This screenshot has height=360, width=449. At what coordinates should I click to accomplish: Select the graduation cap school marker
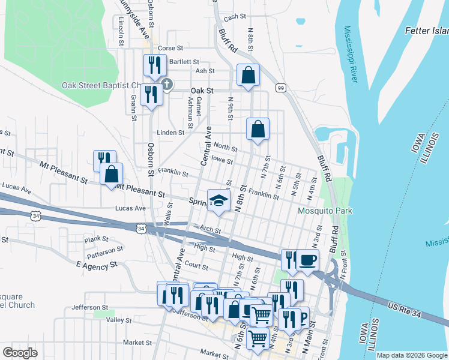tap(219, 201)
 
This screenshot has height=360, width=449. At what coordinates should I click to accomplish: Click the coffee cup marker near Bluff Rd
tap(308, 260)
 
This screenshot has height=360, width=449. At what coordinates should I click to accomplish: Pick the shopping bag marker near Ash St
tap(248, 76)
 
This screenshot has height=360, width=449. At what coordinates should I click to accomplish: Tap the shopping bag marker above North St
tap(258, 129)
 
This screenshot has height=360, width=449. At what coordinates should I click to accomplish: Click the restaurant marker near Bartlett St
tap(155, 66)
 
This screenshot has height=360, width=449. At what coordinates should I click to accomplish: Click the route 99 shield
tap(280, 88)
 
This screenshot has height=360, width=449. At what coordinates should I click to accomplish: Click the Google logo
tap(20, 353)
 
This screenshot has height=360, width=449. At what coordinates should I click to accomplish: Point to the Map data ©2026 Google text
tap(412, 355)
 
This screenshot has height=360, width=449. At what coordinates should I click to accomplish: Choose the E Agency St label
tap(97, 265)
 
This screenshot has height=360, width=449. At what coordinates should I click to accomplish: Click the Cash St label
tap(231, 17)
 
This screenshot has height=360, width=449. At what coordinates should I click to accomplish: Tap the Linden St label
tap(171, 133)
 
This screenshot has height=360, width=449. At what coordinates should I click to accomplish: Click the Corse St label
tap(170, 48)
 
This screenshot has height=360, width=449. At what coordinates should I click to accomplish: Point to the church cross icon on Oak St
tap(167, 85)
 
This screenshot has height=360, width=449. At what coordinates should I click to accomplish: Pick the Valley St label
tap(118, 320)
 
